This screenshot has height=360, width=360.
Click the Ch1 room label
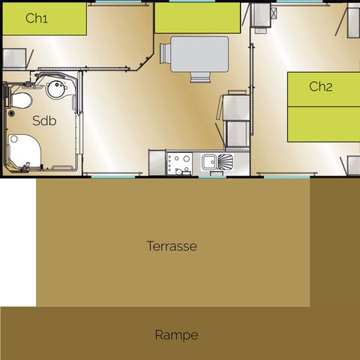tap(36, 19)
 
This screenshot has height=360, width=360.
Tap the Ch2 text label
tap(320, 86)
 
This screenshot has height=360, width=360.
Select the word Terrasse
tap(172, 245)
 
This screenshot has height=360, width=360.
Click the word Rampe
tap(176, 334)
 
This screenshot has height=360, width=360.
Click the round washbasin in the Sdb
tap(54, 90)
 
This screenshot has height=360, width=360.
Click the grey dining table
tap(199, 54)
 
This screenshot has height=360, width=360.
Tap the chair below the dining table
tap(199, 77)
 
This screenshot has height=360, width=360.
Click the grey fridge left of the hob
tap(157, 160)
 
